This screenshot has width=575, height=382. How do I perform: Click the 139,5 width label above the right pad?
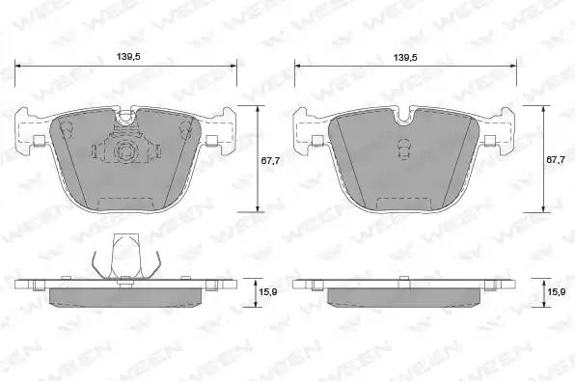(405, 58)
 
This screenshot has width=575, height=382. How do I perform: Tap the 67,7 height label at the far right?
(556, 160)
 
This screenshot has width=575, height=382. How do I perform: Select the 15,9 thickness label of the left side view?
(268, 292)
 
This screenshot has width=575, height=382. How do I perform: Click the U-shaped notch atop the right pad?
(403, 116)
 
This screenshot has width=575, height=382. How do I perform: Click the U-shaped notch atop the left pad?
(126, 116)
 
